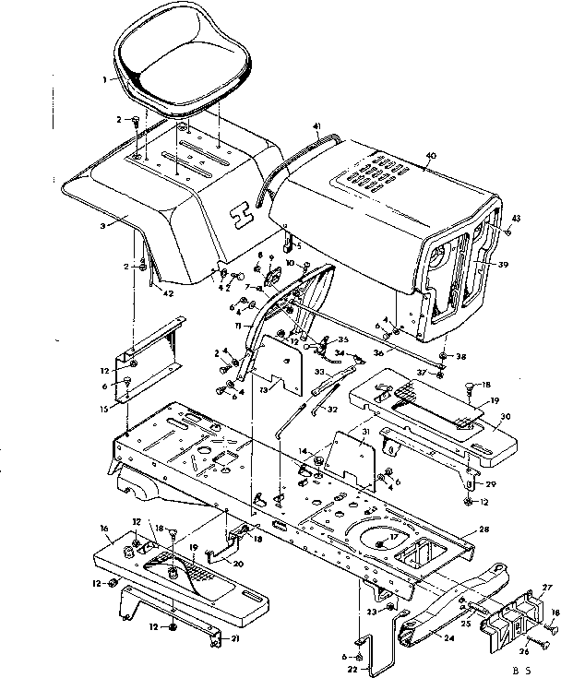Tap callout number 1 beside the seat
point(105,79)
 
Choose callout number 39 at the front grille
point(502,264)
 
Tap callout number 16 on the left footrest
point(103,528)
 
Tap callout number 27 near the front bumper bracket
point(546,585)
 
